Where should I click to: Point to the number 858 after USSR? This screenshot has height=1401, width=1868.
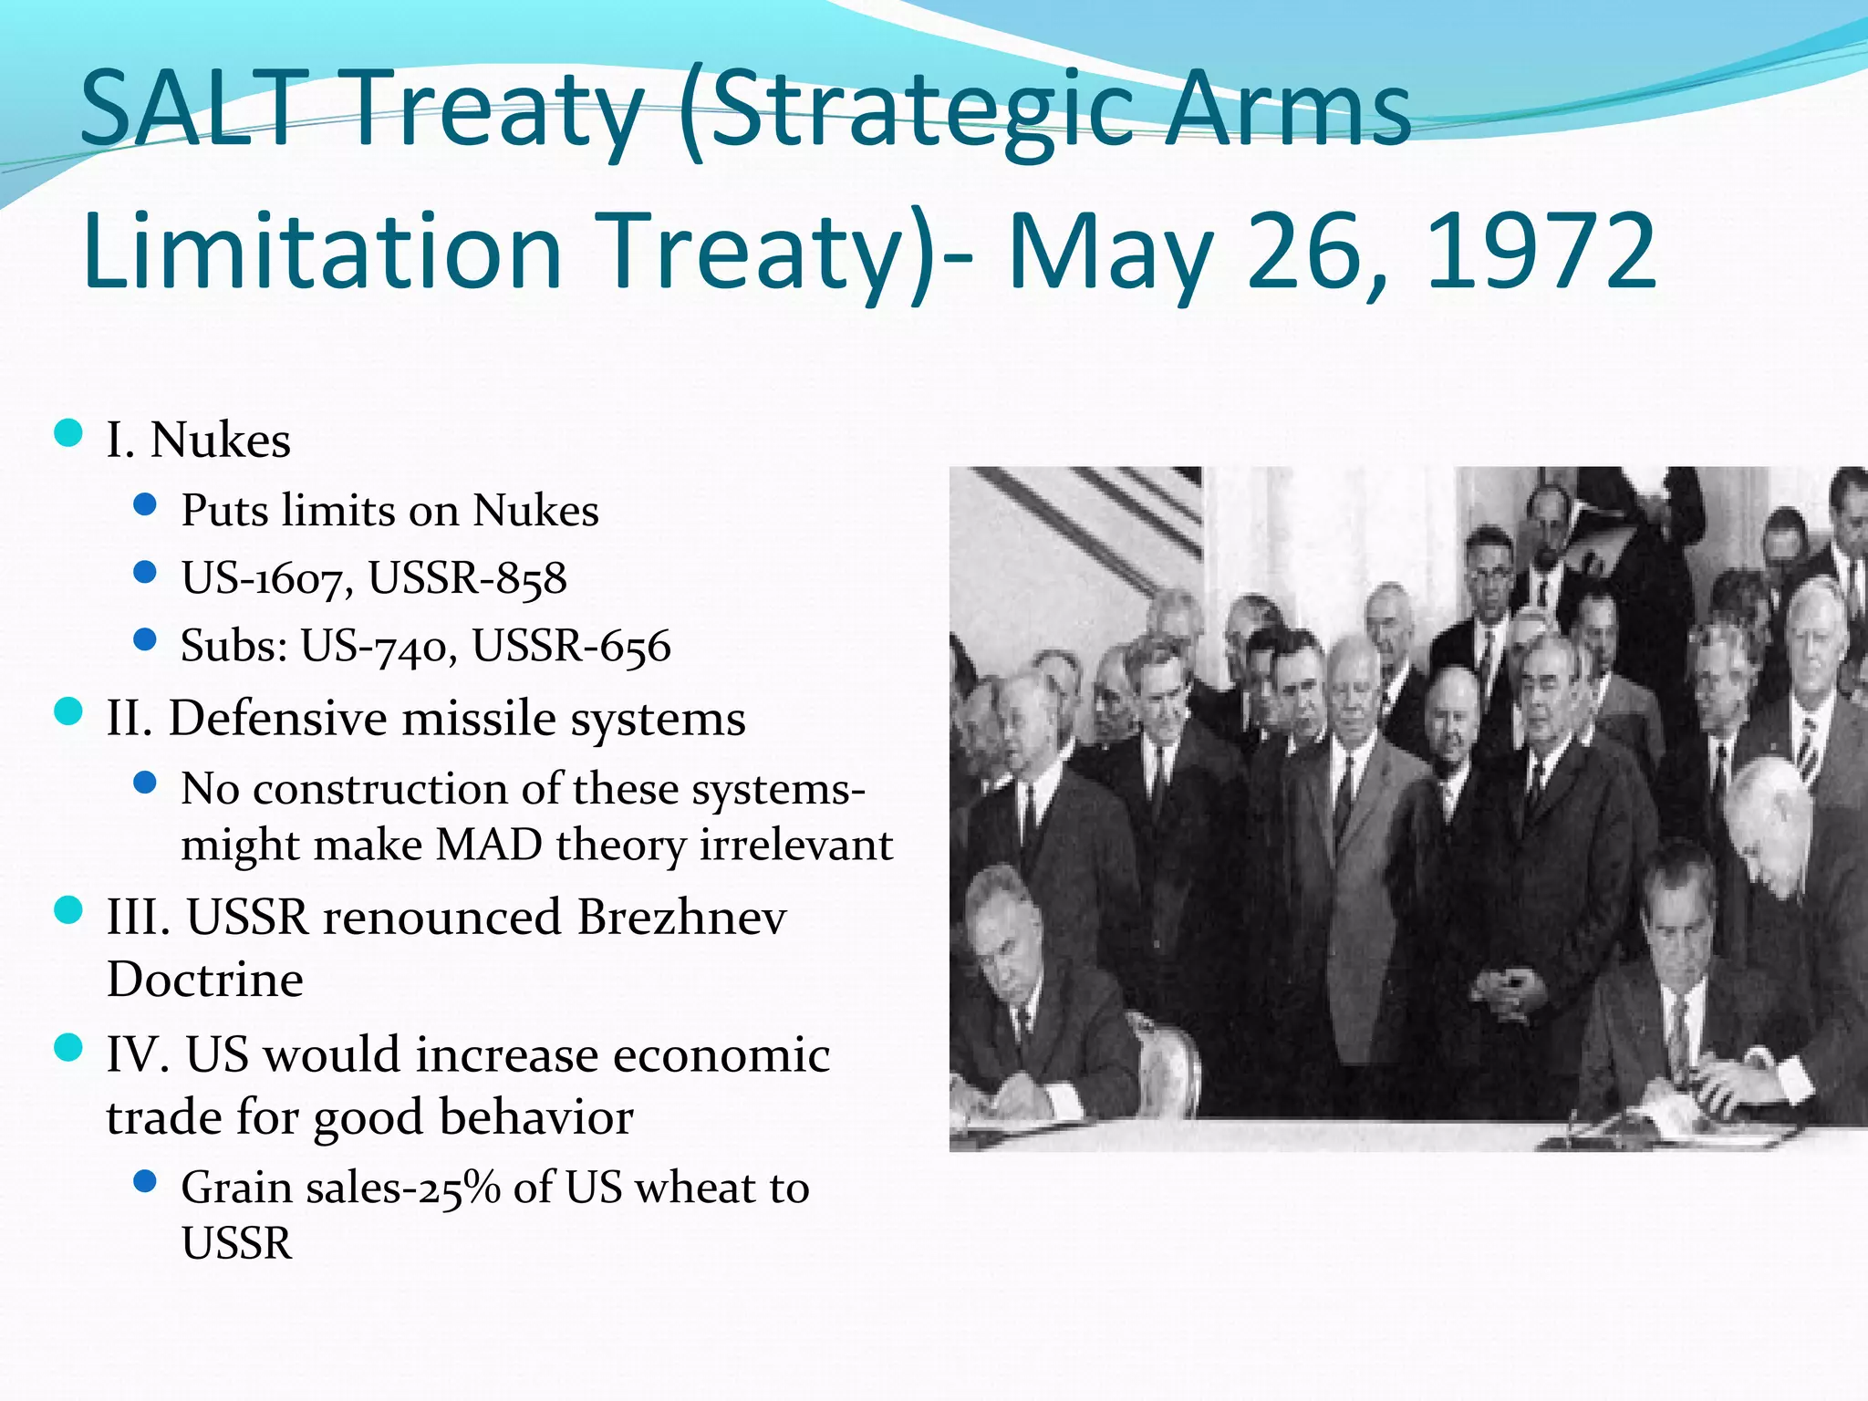532,578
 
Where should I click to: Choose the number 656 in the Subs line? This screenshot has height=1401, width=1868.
635,646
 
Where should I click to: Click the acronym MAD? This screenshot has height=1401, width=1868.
489,845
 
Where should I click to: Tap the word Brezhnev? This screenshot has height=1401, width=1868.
681,917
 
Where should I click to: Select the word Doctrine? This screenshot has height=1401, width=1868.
205,980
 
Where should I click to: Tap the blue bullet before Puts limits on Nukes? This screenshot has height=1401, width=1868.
145,504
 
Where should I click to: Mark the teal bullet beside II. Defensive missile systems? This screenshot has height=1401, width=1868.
68,711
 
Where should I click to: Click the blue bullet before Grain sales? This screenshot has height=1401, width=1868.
145,1182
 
